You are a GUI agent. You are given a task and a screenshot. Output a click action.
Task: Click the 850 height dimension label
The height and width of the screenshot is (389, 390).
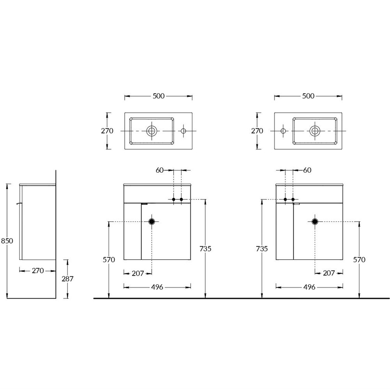pos(7,241)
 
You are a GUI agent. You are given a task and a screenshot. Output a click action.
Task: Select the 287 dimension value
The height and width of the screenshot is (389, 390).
pos(67,279)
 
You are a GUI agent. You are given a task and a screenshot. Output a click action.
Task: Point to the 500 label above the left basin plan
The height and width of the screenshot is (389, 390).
pos(158,96)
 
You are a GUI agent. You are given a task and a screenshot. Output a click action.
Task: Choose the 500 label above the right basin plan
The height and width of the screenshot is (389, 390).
pos(308,96)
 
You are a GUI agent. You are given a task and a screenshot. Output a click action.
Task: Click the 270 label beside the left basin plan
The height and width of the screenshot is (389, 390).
pos(107,131)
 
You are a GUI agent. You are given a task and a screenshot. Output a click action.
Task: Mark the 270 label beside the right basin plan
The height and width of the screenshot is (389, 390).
pos(257,131)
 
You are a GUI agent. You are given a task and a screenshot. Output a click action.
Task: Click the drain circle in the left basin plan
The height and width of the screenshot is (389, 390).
pos(152,131)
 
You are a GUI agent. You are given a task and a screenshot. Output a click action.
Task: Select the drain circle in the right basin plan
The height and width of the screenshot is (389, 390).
pos(315,131)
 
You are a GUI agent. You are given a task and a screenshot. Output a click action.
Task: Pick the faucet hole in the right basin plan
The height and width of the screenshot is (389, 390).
pos(283,131)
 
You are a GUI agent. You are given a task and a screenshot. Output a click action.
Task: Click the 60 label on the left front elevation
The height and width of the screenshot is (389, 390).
pos(160,170)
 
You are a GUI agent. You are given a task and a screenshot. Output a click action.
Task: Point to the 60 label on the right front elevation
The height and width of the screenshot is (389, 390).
pos(307,170)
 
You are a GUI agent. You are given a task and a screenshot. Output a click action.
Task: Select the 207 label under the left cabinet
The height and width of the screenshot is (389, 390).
pos(138,273)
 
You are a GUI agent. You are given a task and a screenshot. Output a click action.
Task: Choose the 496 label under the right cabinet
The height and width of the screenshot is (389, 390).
pos(309,287)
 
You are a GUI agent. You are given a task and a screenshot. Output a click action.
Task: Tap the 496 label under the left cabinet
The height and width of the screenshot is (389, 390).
pos(157,287)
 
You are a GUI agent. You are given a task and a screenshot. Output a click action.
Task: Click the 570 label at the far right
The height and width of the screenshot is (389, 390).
pos(359,260)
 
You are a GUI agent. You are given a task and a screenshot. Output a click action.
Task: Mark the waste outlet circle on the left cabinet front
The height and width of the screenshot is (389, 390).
pos(152,221)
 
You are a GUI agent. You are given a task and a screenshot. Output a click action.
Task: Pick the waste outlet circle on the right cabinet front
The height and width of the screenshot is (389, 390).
pos(315,221)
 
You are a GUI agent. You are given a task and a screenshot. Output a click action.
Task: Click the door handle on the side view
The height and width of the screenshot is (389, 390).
pos(18,204)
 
